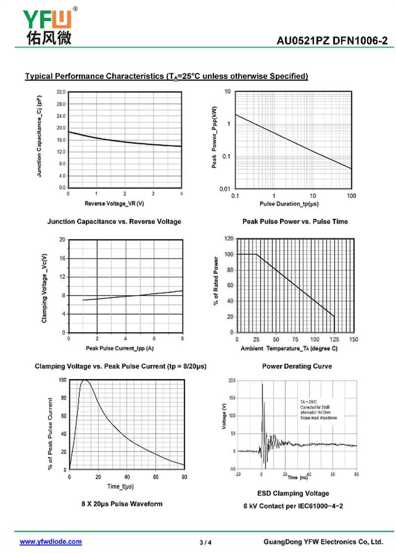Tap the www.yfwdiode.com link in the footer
(50, 542)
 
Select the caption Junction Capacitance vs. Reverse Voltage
(114, 221)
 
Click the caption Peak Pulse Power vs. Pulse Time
(295, 221)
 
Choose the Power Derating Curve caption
(297, 366)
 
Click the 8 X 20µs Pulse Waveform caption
(122, 503)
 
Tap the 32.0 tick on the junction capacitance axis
(61, 92)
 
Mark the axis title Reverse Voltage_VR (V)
(114, 203)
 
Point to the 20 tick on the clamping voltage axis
(62, 240)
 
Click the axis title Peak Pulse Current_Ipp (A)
(119, 349)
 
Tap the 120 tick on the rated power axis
(229, 239)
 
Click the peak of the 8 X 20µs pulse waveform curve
(85, 380)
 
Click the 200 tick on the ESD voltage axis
(232, 380)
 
